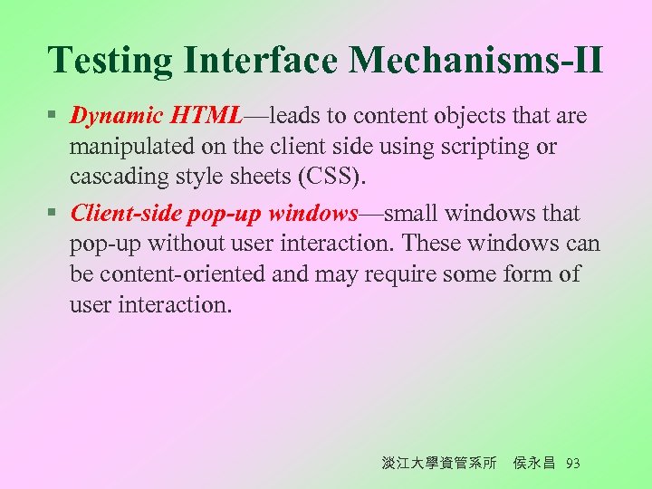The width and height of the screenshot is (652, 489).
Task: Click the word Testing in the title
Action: point(111,62)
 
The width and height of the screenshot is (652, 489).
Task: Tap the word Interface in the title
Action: point(259,62)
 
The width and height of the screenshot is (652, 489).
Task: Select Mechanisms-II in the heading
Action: point(475,62)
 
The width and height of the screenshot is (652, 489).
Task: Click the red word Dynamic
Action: point(116,116)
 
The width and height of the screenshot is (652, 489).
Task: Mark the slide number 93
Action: point(572,464)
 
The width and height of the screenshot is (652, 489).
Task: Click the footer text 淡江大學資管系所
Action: point(439,464)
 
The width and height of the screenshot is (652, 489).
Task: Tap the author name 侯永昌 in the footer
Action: point(534,464)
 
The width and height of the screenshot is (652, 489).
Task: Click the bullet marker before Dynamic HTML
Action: point(54,117)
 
